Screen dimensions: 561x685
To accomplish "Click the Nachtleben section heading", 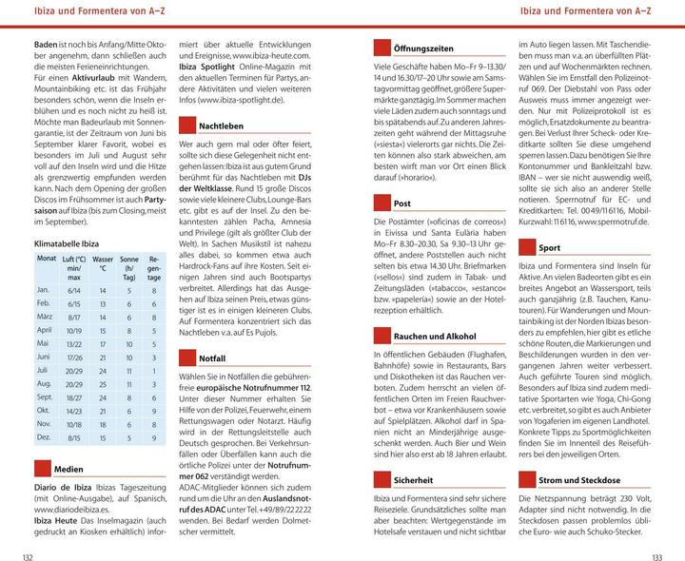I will [x=221, y=126].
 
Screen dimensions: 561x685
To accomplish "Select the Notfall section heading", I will [x=212, y=359].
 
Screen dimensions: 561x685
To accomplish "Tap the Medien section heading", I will [x=68, y=469].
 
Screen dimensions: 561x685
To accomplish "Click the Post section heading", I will [x=401, y=203].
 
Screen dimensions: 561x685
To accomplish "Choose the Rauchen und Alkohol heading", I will [x=435, y=337].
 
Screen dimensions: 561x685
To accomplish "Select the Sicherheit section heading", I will [x=413, y=480].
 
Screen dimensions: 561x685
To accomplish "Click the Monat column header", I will [x=47, y=259].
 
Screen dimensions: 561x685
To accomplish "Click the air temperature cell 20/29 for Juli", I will [x=73, y=369].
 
